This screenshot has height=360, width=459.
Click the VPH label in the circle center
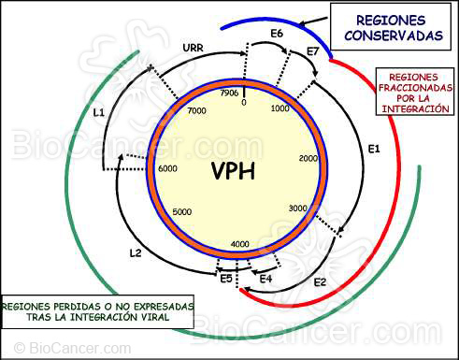pyautogui.click(x=232, y=172)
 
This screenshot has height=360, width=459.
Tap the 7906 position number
pyautogui.click(x=229, y=93)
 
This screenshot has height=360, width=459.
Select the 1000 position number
pyautogui.click(x=280, y=109)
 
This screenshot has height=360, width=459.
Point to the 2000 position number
pyautogui.click(x=309, y=159)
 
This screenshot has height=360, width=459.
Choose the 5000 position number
pyautogui.click(x=182, y=211)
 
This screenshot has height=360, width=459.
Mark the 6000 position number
pyautogui.click(x=167, y=168)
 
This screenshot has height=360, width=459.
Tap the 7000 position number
pyautogui.click(x=196, y=111)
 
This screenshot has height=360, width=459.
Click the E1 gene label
pyautogui.click(x=374, y=149)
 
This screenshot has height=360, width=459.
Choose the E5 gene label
pyautogui.click(x=225, y=278)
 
